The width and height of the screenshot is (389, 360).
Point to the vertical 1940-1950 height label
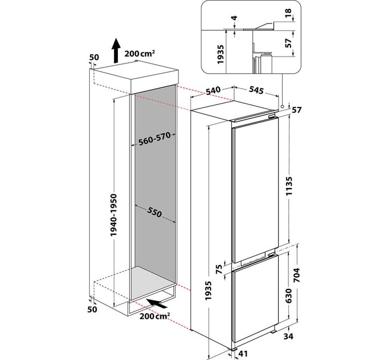coord(114,215)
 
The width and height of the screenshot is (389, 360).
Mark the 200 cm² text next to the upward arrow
coord(140,54)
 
